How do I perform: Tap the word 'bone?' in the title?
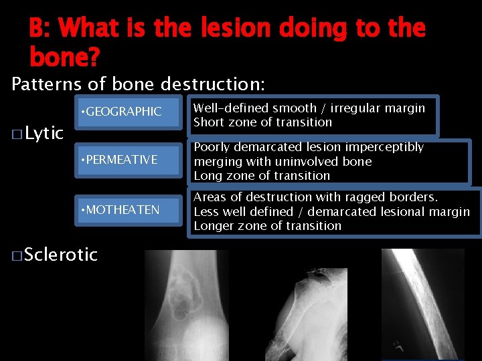point(64,57)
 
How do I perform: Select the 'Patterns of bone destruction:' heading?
point(139,84)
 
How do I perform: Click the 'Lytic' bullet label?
point(44,134)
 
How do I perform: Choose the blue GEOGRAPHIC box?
point(127,112)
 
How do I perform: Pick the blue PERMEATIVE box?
point(127,160)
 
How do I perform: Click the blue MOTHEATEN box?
point(127,210)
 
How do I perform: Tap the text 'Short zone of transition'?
point(262,122)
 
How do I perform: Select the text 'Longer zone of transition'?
point(267,226)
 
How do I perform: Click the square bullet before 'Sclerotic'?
point(17,255)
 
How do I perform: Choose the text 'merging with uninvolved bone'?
point(283,162)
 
